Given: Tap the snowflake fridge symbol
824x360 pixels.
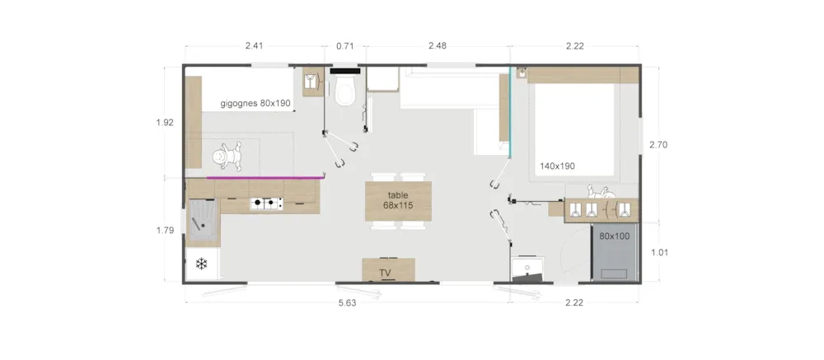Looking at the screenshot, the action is [201, 264].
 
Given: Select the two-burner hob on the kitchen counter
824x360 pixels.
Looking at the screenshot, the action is [266, 203].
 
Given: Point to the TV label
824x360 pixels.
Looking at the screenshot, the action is [385, 273].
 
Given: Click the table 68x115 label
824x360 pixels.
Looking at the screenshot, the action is [398, 200].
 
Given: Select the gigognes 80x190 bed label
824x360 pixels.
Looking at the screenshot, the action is [255, 104].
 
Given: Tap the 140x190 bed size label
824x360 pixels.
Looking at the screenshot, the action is [557, 166].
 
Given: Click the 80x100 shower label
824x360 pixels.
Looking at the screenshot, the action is [615, 236].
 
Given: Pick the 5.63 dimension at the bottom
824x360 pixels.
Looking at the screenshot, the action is [348, 303].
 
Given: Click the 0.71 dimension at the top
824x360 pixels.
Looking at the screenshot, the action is [344, 46].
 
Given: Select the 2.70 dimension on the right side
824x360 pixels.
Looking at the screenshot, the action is [658, 145].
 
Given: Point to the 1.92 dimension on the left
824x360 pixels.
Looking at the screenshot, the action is [165, 123].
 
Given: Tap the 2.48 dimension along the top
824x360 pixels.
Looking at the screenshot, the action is [438, 46].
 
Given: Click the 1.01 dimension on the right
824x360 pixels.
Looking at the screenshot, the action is [659, 252].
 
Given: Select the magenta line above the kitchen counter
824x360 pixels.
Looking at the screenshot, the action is [265, 178].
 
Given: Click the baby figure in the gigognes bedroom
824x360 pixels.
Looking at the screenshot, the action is [228, 157].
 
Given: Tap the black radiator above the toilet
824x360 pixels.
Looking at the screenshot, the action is [345, 70].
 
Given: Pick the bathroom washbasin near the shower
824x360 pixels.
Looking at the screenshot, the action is [528, 268].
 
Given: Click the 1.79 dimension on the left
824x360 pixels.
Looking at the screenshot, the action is [165, 230].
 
